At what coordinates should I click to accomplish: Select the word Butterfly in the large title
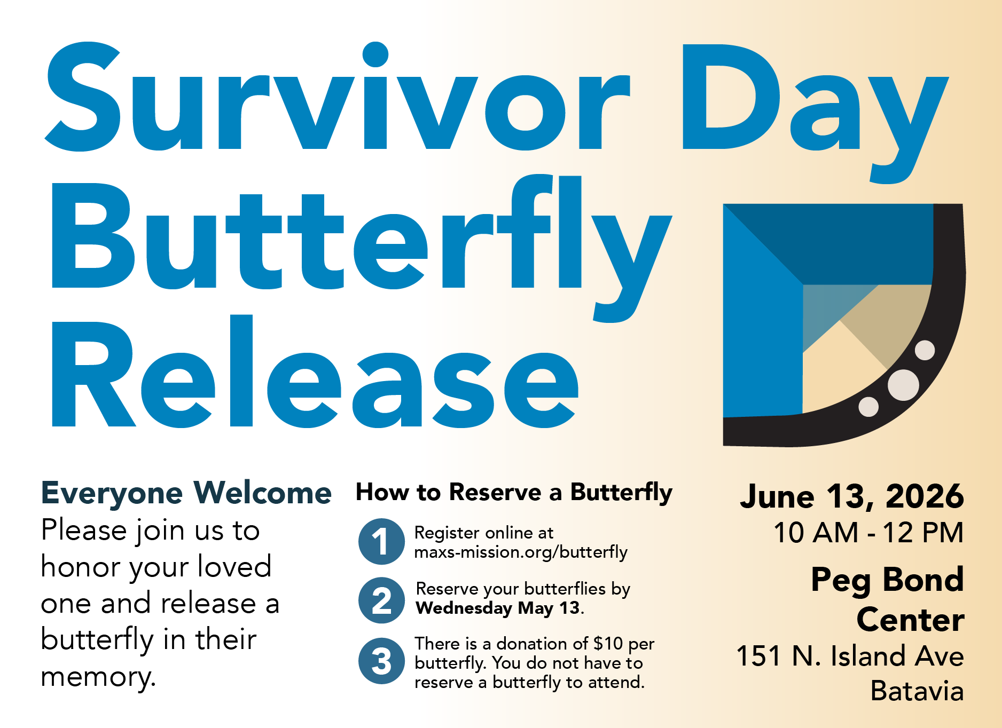pos(358,240)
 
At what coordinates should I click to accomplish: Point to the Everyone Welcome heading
pos(186,493)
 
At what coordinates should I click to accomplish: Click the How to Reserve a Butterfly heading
pos(514,492)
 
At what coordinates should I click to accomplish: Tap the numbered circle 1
pos(381,541)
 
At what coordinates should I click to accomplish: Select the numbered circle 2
pos(381,600)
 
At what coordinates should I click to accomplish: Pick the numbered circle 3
pos(381,661)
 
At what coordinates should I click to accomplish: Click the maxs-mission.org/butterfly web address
pos(521,552)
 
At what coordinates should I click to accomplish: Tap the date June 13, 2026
pos(851,496)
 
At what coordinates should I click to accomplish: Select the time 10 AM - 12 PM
pos(868,533)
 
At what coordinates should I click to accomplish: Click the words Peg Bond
pos(887,580)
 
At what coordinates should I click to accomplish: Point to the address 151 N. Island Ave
pos(849,656)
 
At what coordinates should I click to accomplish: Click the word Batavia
pos(917,691)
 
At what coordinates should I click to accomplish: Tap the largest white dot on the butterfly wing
pos(903,385)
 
